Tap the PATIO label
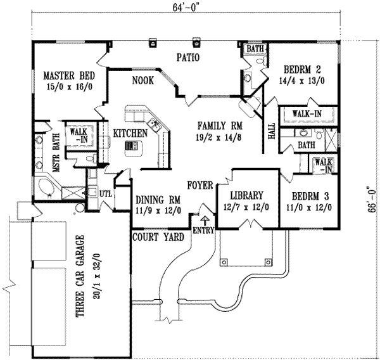click(x=188, y=58)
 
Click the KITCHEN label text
click(x=130, y=133)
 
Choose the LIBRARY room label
click(x=246, y=196)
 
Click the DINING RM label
click(x=158, y=200)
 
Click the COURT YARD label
click(x=158, y=237)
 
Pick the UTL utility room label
click(x=105, y=193)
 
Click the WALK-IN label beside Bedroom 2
click(x=305, y=114)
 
